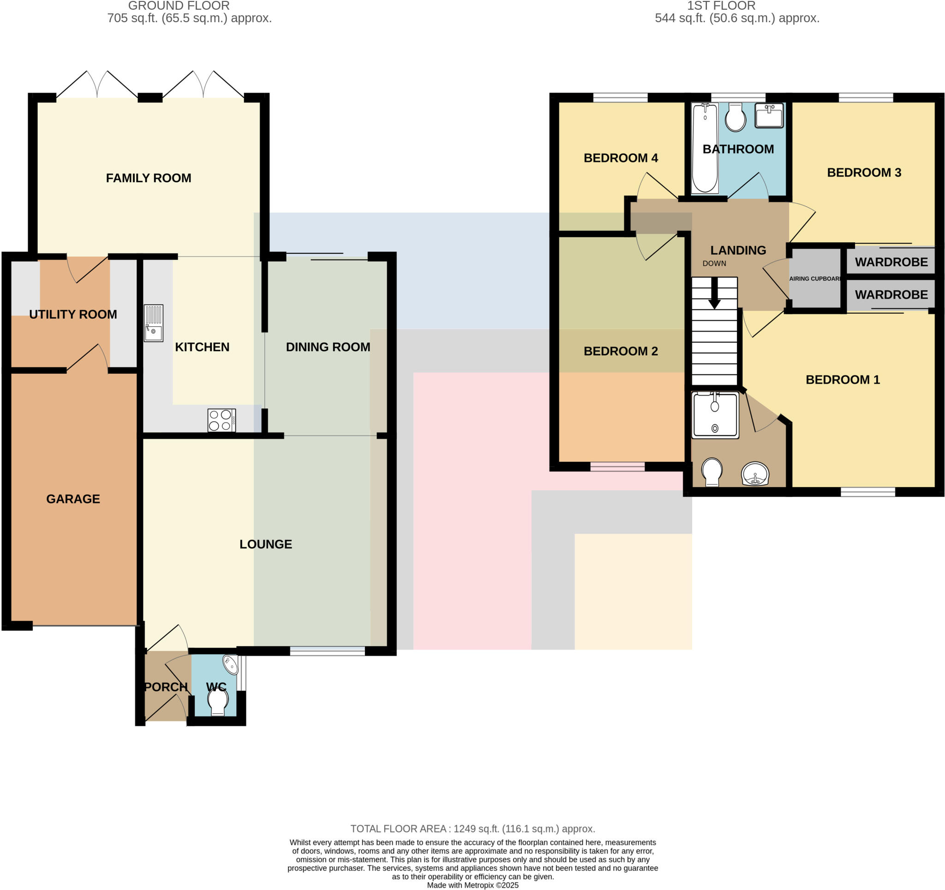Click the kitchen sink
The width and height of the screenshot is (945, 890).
point(153,323)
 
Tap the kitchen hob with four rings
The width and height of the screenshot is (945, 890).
point(221,420)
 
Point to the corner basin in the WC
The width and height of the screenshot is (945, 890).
point(231,664)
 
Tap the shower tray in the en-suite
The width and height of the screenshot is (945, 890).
point(715,415)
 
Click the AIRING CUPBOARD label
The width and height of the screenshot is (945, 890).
point(815,279)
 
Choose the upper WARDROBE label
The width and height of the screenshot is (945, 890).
point(891,262)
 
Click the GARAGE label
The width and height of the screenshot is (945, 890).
point(73,499)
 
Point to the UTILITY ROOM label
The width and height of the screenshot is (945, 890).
point(73,314)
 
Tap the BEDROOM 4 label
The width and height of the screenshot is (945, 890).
point(620,158)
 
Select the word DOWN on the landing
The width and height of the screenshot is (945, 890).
point(714,263)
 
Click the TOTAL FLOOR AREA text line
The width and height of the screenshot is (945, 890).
point(472,829)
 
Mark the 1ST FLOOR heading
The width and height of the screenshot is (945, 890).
point(721,6)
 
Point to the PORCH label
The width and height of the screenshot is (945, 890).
point(166,687)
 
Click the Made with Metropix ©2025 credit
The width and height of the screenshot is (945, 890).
point(472,885)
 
